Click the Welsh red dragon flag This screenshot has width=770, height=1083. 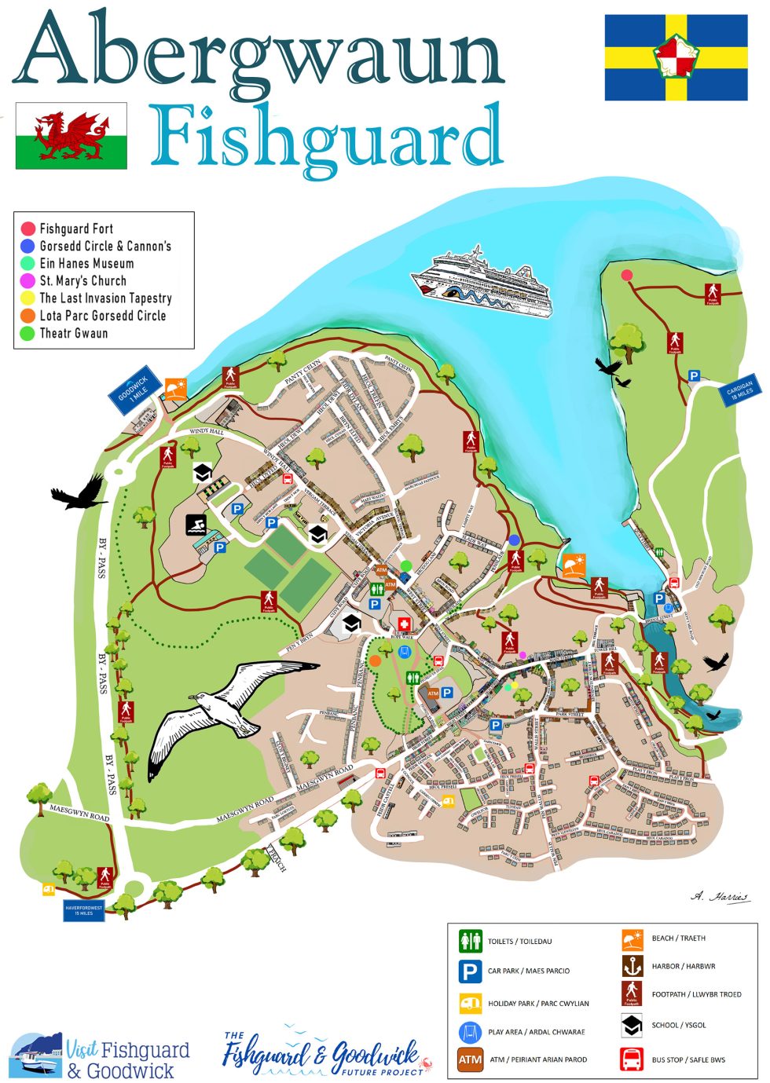71,136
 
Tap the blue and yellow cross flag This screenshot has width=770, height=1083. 676,57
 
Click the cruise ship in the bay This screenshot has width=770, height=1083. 482,283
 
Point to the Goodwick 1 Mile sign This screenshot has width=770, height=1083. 134,390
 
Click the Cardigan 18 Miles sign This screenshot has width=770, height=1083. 739,390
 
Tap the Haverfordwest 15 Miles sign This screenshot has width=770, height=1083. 84,910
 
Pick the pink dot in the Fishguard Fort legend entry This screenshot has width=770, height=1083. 28,229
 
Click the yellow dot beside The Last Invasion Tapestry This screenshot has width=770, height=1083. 28,298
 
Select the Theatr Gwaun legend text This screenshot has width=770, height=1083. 74,333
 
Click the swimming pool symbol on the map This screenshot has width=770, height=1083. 196,525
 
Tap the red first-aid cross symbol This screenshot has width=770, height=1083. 405,624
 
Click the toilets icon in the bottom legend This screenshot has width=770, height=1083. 470,940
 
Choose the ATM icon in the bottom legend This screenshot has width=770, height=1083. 470,1059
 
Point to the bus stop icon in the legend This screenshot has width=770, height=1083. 632,1059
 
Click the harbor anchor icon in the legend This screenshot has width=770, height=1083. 632,966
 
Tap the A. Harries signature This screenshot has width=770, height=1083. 720,897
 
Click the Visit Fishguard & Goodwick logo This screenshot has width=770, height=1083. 100,1057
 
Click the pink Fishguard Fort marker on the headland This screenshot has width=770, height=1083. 627,275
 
